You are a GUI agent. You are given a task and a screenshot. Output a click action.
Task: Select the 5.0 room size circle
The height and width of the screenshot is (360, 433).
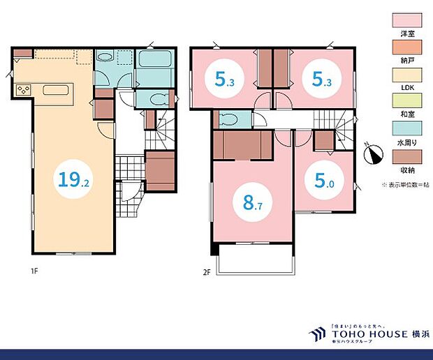click(x=324, y=182)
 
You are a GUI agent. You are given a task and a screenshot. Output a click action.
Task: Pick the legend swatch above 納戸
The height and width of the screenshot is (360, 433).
click(x=406, y=44)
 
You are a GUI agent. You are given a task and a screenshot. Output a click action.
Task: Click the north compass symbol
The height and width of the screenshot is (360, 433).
click(x=374, y=153)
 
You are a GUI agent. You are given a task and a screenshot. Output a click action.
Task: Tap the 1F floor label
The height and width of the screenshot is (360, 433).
click(x=33, y=271)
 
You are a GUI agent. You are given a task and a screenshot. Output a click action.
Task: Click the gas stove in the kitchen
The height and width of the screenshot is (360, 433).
click(x=24, y=89)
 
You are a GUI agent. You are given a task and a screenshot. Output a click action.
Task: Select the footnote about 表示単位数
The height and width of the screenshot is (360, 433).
click(x=404, y=184)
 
